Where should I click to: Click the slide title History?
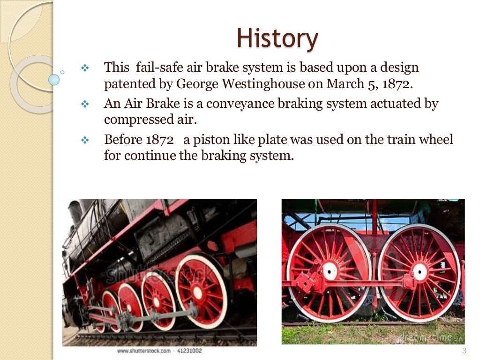coord(277,38)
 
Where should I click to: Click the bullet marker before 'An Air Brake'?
coord(85,104)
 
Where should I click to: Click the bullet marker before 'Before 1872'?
coord(85,140)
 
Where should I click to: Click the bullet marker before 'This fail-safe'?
coord(85,68)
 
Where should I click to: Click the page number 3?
coord(464,351)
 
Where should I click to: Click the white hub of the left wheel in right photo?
coord(330,270)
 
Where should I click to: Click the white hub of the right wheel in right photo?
coord(420,272)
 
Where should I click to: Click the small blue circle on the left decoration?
coord(54,79)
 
